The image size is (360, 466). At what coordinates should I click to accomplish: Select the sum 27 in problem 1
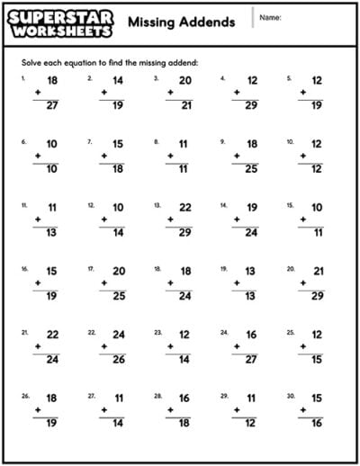[51, 104]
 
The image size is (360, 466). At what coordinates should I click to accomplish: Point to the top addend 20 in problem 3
[184, 79]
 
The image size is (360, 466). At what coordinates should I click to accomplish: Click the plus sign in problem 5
[303, 92]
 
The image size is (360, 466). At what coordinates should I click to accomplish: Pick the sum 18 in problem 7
[118, 168]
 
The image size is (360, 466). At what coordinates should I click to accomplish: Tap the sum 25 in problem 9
[251, 168]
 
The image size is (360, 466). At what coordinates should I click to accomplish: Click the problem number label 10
[290, 141]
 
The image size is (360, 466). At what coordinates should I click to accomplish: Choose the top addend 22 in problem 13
[184, 207]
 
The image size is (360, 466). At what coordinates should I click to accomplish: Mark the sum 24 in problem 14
[251, 232]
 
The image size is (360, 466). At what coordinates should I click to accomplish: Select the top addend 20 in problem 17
[118, 271]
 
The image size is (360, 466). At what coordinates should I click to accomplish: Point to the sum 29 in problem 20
[318, 296]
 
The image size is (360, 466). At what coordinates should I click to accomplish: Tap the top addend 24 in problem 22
[118, 334]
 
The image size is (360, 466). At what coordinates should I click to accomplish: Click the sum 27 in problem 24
[251, 359]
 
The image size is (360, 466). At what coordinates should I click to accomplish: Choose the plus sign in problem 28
[170, 410]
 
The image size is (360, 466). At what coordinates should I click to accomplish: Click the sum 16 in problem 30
[318, 423]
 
